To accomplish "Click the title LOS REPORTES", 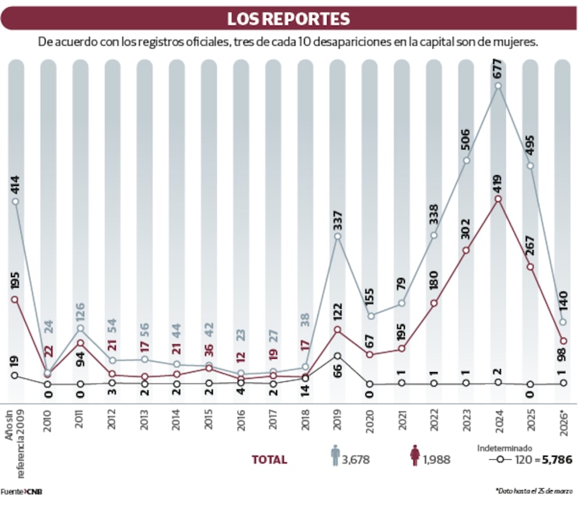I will [288, 19].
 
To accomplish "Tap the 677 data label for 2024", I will [497, 68].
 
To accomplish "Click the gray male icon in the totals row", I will [335, 457].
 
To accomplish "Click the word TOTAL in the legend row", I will [269, 460].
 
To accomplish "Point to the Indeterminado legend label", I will [504, 447].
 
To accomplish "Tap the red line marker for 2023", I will [466, 251].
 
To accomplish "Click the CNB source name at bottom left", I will [33, 491].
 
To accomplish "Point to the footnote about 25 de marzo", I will [536, 491].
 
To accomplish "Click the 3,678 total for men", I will [356, 460].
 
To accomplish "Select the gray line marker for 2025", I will [530, 165].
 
